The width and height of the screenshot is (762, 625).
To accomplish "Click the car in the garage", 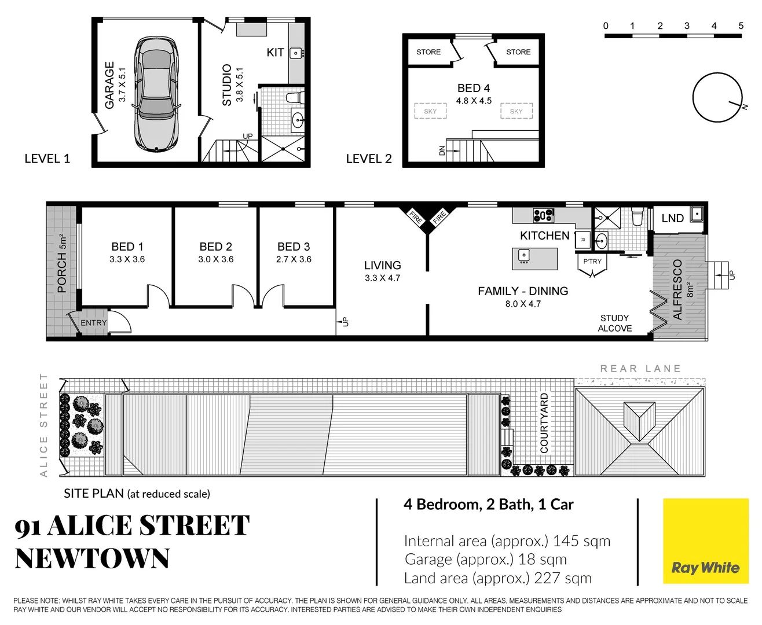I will point(156,94).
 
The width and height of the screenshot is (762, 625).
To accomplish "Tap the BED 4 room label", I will point(474,88).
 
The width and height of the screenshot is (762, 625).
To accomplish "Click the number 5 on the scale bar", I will point(741,25).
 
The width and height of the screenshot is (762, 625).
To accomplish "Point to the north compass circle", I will point(717,97).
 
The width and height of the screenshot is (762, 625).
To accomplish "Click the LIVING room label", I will point(382,265).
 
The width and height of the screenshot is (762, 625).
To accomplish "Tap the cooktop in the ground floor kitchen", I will point(543,215).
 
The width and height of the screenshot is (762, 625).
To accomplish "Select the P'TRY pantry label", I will point(592,262).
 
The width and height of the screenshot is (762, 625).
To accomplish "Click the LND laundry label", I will point(673,218).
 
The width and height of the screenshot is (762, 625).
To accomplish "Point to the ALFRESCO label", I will point(677,289).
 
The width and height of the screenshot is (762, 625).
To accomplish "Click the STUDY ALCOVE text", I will point(615,323).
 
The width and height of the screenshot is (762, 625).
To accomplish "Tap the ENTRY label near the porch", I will point(94,323).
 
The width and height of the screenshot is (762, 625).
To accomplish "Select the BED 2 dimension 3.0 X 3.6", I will point(216,259).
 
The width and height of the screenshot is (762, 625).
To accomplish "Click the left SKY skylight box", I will point(430,111).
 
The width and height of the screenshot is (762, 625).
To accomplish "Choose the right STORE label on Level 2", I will point(518,52).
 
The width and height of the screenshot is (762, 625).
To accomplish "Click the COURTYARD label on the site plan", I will point(544,422).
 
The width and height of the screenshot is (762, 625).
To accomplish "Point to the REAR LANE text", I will point(640,369).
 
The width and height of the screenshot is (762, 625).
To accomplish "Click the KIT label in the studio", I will point(276,53).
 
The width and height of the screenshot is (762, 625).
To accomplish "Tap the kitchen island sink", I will point(523,255).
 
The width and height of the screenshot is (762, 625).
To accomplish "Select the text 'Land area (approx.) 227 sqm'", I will point(498,578).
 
